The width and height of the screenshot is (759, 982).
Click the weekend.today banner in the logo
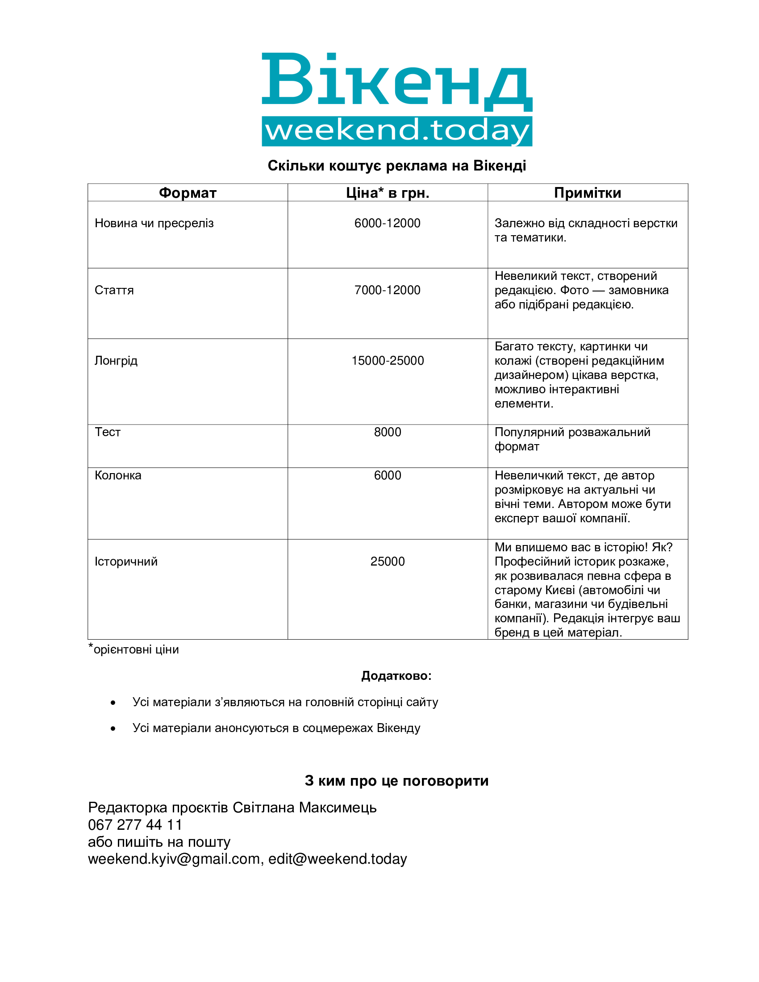[x=396, y=131]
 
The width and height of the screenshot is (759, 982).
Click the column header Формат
[x=188, y=193]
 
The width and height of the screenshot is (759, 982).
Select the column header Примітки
[x=587, y=193]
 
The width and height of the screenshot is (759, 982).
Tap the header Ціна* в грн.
[x=387, y=193]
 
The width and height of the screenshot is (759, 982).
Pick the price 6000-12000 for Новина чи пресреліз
[x=387, y=223]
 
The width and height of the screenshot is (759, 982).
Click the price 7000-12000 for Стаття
[x=387, y=290]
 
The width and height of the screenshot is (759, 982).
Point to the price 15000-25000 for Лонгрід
[x=387, y=361]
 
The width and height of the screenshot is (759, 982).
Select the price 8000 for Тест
[x=387, y=432]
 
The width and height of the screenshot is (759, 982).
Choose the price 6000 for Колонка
[x=387, y=475]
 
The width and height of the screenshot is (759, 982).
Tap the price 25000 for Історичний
[x=387, y=561]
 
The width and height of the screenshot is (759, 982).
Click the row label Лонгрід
[x=116, y=361]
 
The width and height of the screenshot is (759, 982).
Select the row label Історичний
[x=126, y=561]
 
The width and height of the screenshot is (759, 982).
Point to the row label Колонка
[x=118, y=475]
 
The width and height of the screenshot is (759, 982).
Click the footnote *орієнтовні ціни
[x=133, y=649]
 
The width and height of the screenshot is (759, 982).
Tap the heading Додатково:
[x=396, y=676]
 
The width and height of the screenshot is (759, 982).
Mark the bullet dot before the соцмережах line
[x=113, y=728]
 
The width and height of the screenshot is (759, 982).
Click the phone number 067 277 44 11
[x=135, y=824]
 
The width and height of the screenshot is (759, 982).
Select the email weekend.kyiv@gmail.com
[x=174, y=859]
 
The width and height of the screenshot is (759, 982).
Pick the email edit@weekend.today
[x=338, y=859]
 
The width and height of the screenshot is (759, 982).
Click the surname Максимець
[x=338, y=807]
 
